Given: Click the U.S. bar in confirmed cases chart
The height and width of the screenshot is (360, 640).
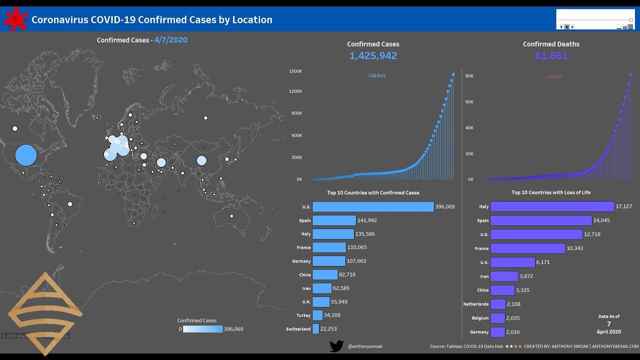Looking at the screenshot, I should click(373, 207).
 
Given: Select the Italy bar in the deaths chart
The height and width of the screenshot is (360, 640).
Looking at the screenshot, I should click(552, 206).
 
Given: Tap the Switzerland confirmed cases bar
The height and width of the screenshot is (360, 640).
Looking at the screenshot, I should click(315, 329).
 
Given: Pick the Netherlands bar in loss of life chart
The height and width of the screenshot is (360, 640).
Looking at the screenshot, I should click(498, 304).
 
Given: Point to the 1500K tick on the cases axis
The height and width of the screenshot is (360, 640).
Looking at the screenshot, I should click(295, 71).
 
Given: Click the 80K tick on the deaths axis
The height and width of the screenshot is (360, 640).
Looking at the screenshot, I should click(469, 76).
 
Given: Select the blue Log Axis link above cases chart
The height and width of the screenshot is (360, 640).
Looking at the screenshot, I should click(377, 75).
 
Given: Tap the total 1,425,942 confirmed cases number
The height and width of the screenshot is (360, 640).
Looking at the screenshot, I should click(373, 55).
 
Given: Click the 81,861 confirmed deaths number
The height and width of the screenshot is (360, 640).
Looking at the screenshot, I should click(551, 55).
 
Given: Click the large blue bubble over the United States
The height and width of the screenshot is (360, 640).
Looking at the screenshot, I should click(26, 155).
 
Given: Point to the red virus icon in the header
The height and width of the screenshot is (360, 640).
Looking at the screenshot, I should click(15, 19).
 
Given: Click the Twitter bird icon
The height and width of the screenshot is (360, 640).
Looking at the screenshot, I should click(336, 346).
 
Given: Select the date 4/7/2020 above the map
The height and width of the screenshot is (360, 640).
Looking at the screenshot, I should click(171, 39).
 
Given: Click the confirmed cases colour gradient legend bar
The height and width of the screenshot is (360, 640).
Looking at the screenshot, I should click(202, 329).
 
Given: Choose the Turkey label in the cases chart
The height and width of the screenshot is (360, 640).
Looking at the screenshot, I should click(303, 315).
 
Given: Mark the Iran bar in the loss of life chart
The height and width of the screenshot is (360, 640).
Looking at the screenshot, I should click(504, 276).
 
